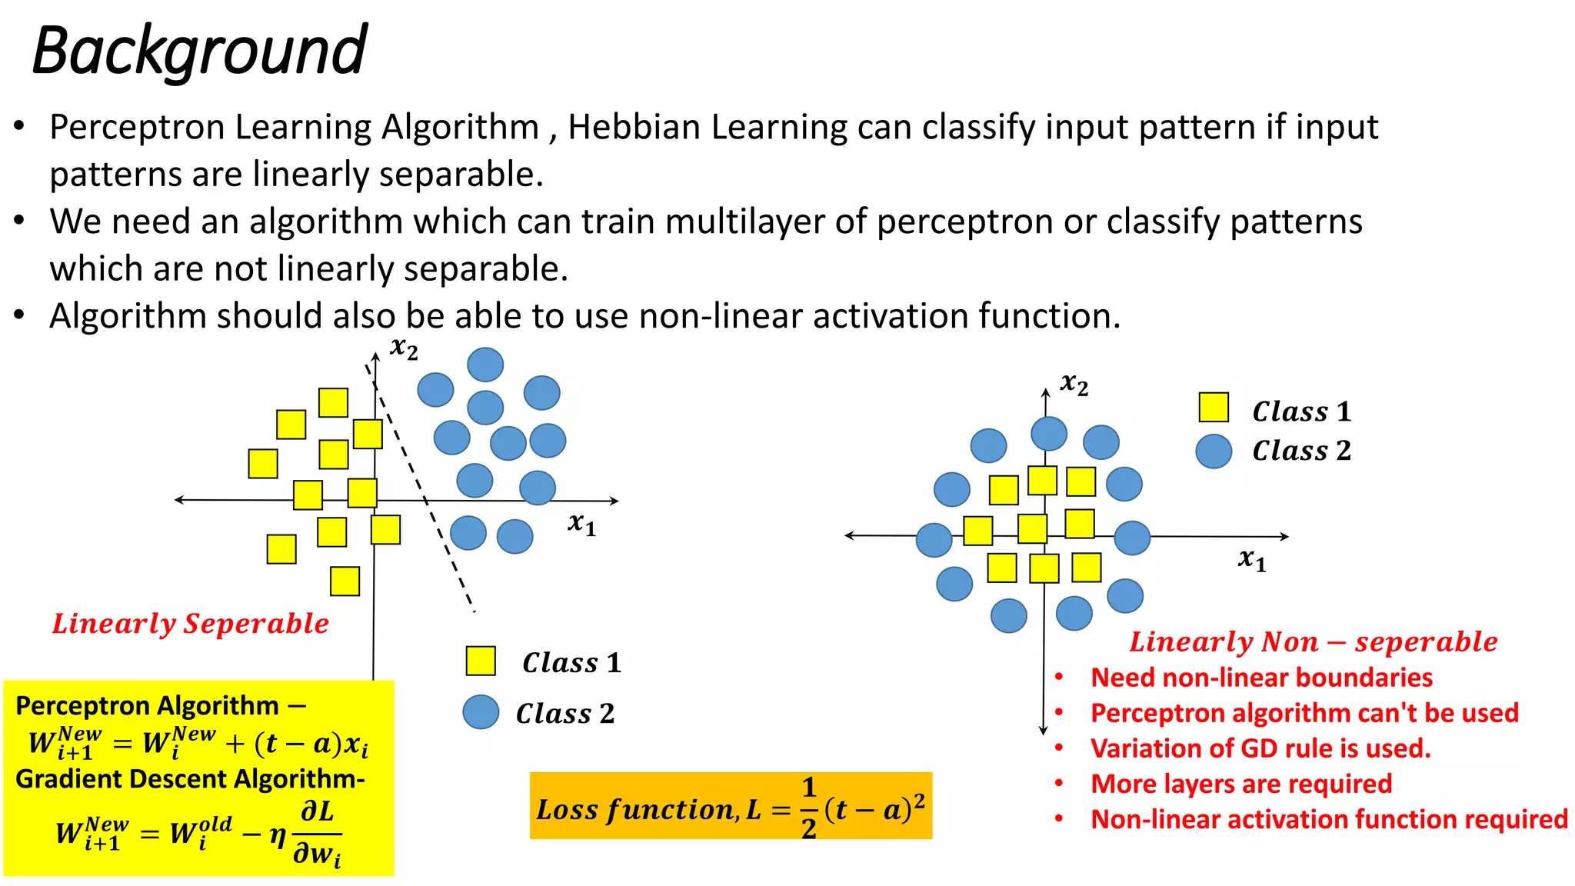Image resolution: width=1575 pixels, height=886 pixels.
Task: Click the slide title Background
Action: point(200,51)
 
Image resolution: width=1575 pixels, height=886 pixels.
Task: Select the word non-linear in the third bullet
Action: point(720,317)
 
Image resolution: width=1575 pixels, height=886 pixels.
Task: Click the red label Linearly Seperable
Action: point(191,623)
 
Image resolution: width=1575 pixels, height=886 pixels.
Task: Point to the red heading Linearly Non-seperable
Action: point(1313,641)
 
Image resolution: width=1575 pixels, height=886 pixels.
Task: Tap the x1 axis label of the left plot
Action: point(581,524)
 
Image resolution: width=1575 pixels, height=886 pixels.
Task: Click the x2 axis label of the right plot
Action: point(1074,383)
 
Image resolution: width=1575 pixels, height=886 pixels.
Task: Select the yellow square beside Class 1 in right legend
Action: point(1214,408)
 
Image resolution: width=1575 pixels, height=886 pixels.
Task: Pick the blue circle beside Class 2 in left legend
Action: point(481,712)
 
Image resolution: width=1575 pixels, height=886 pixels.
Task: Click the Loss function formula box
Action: point(731,806)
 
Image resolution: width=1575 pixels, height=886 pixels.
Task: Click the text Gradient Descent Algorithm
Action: point(189,779)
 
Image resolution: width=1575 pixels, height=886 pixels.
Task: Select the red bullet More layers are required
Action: point(1241,784)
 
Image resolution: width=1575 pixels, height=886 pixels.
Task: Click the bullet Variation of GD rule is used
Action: point(1260,748)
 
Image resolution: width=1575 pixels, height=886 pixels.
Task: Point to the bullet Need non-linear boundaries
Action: point(1261,678)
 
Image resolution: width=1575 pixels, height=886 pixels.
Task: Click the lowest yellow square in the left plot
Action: point(345,581)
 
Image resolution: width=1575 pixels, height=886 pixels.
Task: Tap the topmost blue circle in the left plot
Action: point(485,365)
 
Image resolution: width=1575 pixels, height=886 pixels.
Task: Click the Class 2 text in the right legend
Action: point(1301,451)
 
